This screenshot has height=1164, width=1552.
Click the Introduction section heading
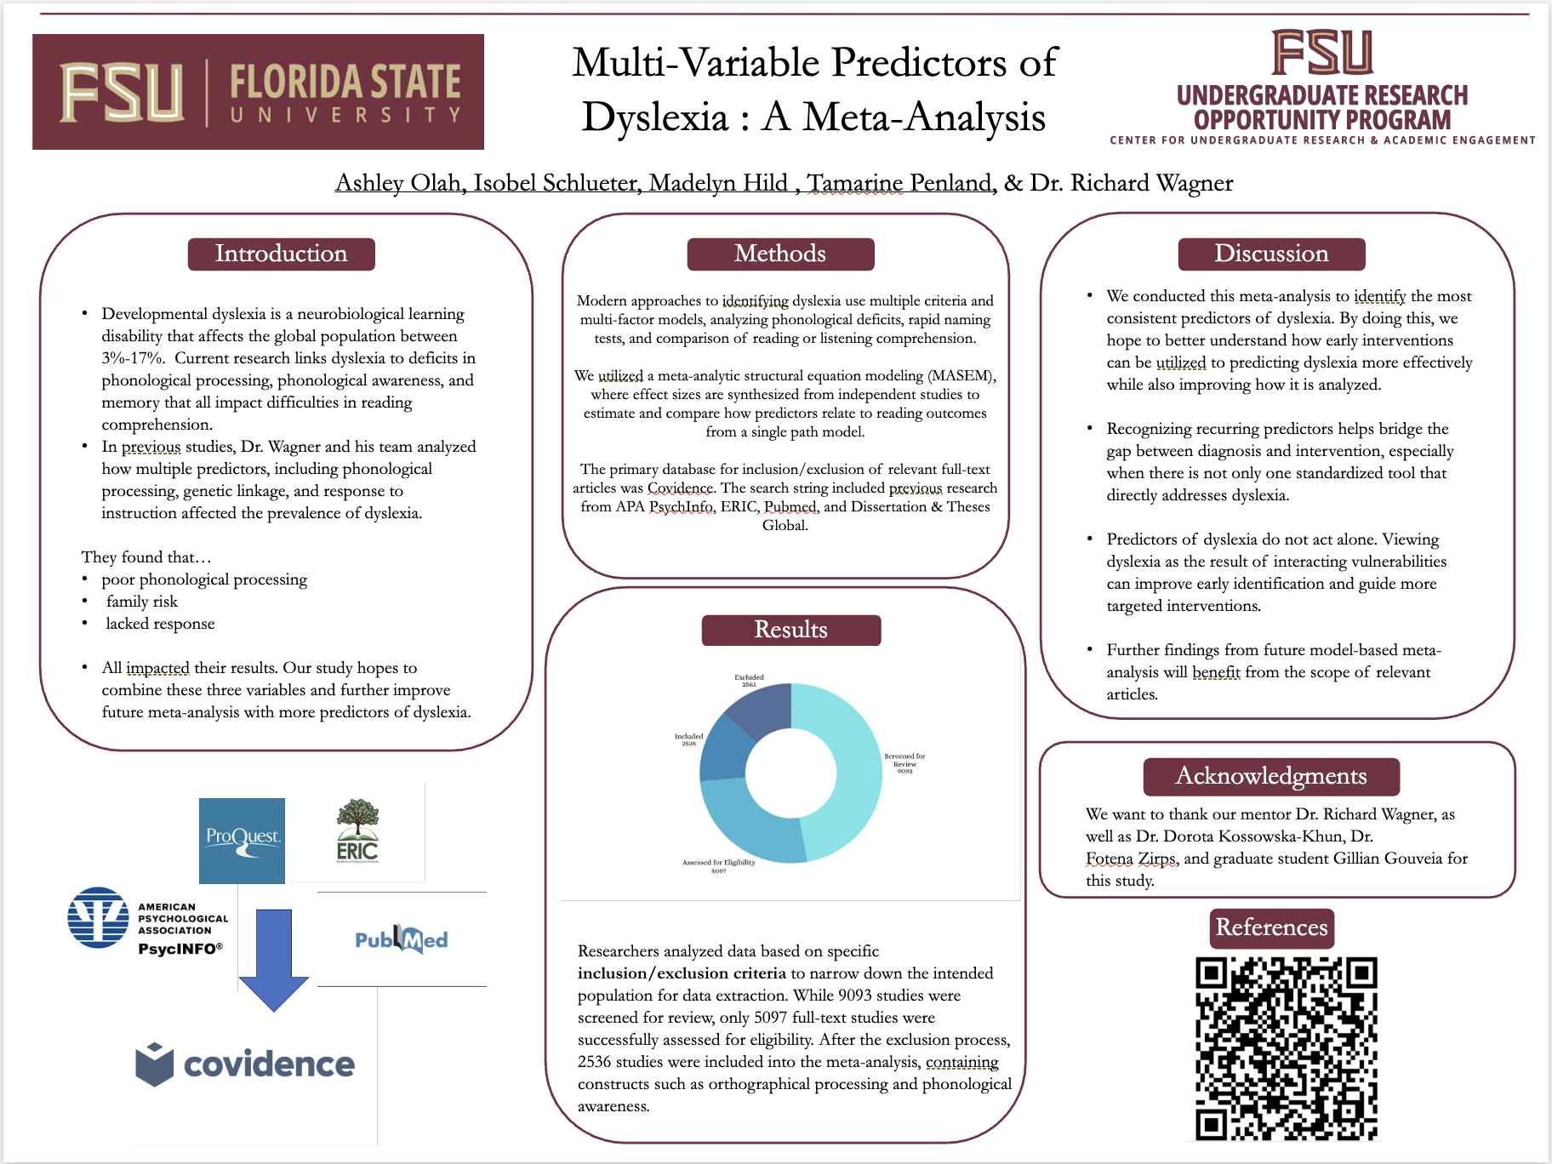(x=281, y=254)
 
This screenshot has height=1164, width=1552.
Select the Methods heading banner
(x=780, y=254)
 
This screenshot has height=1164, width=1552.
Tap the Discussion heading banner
(x=1271, y=254)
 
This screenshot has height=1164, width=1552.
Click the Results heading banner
(x=790, y=630)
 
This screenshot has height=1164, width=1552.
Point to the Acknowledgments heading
(x=1271, y=776)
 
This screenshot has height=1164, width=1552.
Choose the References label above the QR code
(x=1271, y=927)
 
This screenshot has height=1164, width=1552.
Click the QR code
(x=1286, y=1048)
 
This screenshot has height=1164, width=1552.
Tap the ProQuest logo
(x=242, y=840)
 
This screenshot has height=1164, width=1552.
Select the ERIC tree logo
(x=357, y=830)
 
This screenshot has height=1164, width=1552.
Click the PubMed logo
(x=402, y=939)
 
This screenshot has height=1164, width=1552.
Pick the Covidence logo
(x=245, y=1064)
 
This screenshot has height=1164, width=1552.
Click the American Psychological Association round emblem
(x=99, y=917)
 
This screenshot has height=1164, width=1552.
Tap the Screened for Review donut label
(x=904, y=763)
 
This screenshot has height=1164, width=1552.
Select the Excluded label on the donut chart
(x=749, y=681)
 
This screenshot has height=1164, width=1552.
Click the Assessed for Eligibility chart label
(x=718, y=866)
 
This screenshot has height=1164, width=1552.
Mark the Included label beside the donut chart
(x=688, y=739)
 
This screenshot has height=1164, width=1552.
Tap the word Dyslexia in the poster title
(x=655, y=117)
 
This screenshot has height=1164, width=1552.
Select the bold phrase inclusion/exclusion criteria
(x=682, y=973)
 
